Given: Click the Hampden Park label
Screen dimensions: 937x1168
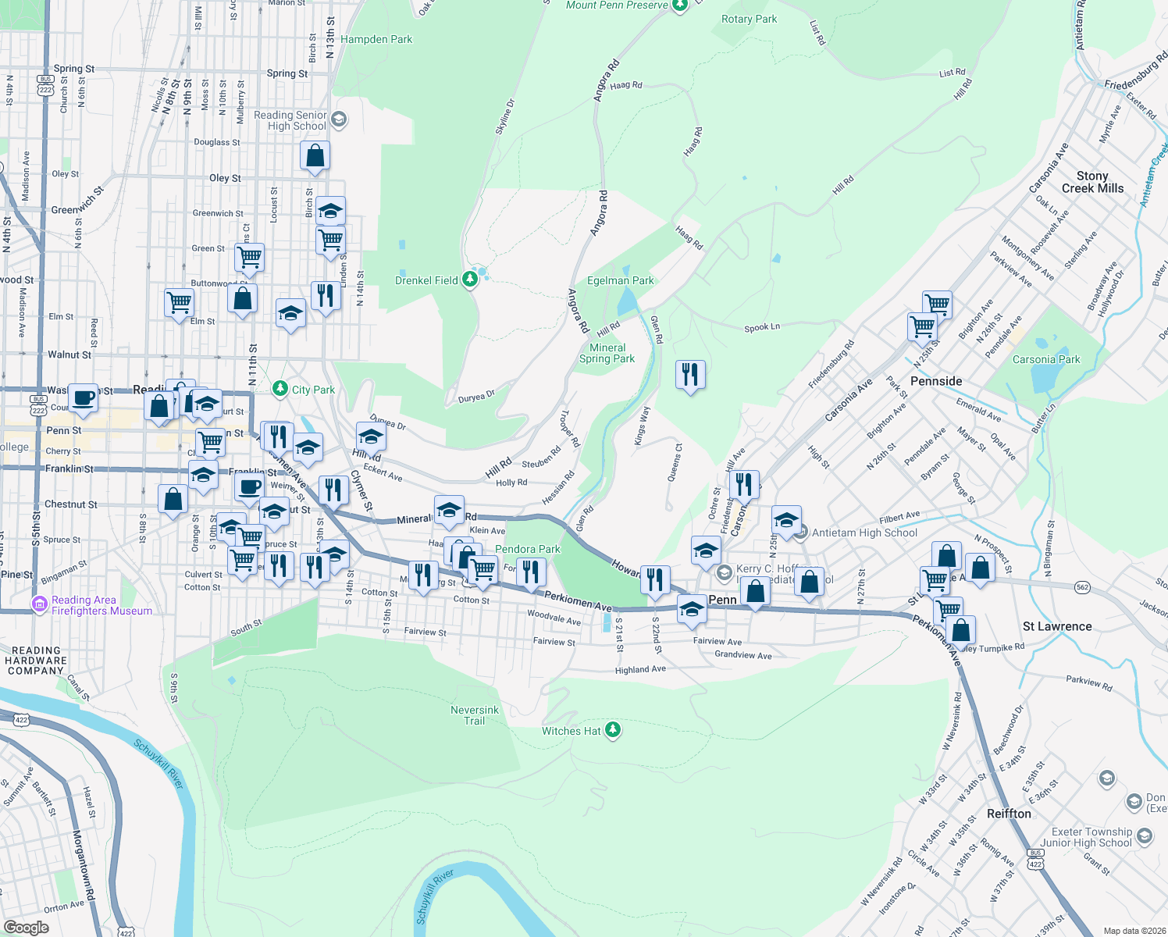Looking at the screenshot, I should tap(376, 39).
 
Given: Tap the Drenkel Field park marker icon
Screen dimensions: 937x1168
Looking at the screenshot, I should tap(470, 279).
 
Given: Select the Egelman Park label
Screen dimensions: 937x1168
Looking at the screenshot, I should tap(621, 280).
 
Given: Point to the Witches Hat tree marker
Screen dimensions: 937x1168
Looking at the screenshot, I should tap(613, 730).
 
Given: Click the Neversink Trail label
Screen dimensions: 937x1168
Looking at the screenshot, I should tap(475, 715).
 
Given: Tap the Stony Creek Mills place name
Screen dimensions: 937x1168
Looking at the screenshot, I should tap(1092, 182).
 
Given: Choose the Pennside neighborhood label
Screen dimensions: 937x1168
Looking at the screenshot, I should tap(936, 381).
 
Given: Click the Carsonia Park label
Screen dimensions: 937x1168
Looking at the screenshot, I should tap(1046, 360).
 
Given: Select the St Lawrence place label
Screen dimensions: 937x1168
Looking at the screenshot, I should tap(1057, 626).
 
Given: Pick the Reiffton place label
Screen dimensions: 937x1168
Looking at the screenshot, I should tap(1009, 814).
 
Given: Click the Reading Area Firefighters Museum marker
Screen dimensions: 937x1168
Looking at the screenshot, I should tap(40, 604).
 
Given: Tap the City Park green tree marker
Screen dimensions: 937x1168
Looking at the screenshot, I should tap(280, 389).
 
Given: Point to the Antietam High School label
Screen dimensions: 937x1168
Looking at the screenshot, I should tap(864, 533).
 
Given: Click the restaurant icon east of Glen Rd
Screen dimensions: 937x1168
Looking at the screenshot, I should tap(690, 375).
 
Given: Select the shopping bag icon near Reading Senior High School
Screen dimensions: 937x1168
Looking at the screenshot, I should tap(315, 155).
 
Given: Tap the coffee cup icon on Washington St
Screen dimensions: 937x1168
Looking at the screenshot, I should tap(83, 397).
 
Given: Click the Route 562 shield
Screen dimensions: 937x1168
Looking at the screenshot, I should tap(1082, 587).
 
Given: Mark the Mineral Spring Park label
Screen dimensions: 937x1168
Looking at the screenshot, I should tap(607, 353).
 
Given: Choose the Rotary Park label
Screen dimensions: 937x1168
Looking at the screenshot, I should tap(749, 19).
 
